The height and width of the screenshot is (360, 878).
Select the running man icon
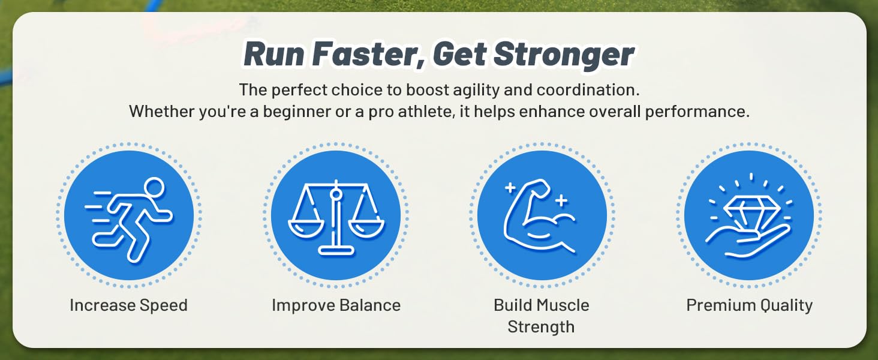pos(128,219)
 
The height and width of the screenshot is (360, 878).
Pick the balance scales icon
pos(336,218)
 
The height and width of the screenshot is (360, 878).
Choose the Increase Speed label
pos(128,305)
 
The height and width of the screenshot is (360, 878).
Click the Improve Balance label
pos(336,305)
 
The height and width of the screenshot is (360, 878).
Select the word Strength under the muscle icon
pos(541,326)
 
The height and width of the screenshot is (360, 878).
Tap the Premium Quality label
pos(750,305)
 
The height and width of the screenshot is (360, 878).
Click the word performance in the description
pos(697,112)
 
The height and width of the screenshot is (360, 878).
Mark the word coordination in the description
pos(588,90)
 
